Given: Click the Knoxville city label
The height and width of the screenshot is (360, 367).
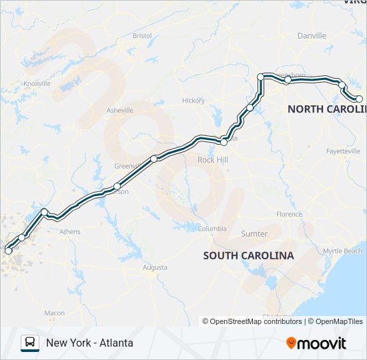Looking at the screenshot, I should pos(37,83).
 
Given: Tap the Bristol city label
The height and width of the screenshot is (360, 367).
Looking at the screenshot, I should pos(142,35).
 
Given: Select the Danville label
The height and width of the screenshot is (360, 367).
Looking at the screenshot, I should pos(312,35).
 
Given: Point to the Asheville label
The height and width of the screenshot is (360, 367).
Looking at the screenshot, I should pos(120,110).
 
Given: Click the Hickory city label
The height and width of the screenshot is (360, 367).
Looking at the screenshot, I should pos(194,101).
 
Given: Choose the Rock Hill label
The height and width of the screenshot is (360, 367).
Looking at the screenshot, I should pos(213,160).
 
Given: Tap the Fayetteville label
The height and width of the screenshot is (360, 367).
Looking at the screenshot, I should pos(343,151).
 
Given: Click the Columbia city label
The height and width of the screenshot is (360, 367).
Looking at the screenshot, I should pos(212,229).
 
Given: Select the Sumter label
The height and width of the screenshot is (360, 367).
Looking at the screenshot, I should pos(254,234).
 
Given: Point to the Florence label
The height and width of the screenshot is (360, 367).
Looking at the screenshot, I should pos(289,215).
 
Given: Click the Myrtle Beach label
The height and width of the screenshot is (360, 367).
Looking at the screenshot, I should pos(342,251).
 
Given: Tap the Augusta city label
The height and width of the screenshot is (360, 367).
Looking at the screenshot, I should pos(155,267).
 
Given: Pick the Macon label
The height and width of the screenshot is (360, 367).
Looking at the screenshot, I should pos(55,313).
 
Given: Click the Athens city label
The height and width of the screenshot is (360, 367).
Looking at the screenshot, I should pos(70,232).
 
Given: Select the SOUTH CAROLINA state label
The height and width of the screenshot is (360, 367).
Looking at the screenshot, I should pos(248,255).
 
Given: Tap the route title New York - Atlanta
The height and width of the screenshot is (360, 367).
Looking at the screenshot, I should pos(89,343).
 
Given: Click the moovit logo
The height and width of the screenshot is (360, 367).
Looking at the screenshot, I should pos(316,343).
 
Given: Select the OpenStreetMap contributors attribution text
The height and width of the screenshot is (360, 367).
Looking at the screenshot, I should pos(252,321).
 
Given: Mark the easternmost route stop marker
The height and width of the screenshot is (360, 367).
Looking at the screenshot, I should pos(359,99).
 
